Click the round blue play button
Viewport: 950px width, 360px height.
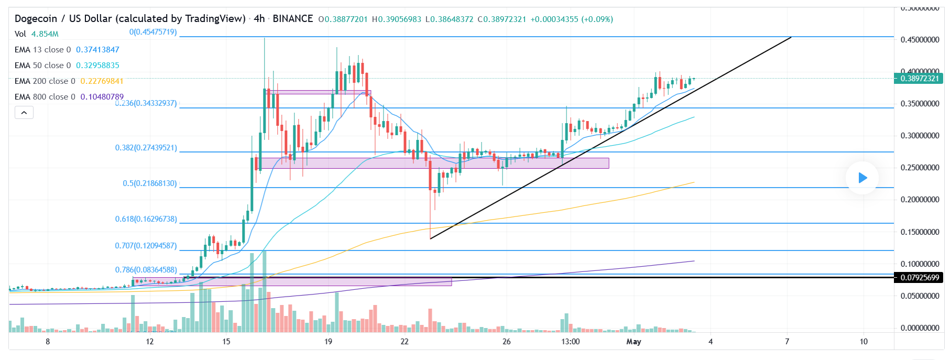[x=862, y=178]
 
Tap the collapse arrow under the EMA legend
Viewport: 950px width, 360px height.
[x=24, y=112]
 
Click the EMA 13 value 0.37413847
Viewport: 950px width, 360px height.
[x=97, y=50]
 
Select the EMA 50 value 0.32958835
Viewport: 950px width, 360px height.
[x=97, y=66]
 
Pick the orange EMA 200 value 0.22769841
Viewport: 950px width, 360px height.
[x=102, y=81]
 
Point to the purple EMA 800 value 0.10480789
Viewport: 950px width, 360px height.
[x=102, y=97]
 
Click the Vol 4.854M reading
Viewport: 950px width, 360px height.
[x=45, y=34]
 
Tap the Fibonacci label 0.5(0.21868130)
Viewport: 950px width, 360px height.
[x=150, y=183]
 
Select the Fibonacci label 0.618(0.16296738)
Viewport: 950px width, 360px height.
[x=146, y=219]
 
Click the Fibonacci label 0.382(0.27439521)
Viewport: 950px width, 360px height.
[x=146, y=148]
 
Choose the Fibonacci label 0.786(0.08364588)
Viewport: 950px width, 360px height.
[x=146, y=270]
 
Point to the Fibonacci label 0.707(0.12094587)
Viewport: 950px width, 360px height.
[x=146, y=246]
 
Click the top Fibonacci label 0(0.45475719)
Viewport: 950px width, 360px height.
[x=153, y=32]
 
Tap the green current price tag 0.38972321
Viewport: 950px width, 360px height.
[x=919, y=79]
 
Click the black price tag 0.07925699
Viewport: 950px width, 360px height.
[x=919, y=278]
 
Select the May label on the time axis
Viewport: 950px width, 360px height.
[x=634, y=342]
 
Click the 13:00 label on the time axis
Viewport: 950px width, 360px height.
[x=570, y=342]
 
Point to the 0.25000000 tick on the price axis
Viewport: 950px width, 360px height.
[x=920, y=168]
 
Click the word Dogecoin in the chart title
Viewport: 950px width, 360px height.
[x=36, y=19]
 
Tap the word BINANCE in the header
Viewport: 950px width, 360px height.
[x=292, y=19]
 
